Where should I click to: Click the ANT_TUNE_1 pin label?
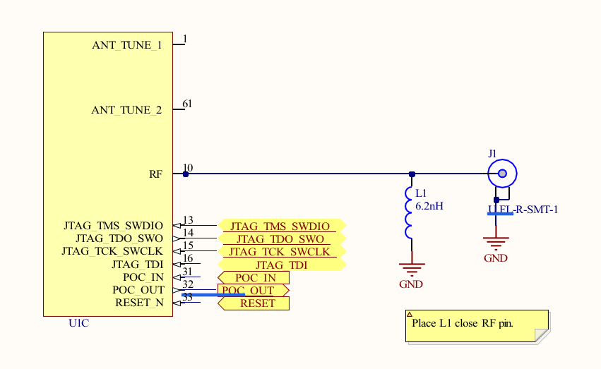pyautogui.click(x=126, y=45)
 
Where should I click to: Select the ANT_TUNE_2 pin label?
pyautogui.click(x=126, y=110)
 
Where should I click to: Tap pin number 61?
pyautogui.click(x=187, y=104)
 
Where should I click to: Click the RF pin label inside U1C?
pyautogui.click(x=156, y=174)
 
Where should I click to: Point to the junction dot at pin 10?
pyautogui.click(x=186, y=174)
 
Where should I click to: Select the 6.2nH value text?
pyautogui.click(x=429, y=206)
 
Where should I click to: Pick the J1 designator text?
pyautogui.click(x=492, y=153)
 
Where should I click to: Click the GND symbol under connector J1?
pyautogui.click(x=496, y=244)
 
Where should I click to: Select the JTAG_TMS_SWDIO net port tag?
pyautogui.click(x=281, y=226)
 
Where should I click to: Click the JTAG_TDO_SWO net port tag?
pyautogui.click(x=281, y=238)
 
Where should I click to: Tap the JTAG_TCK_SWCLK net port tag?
pyautogui.click(x=281, y=251)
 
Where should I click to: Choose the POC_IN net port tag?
pyautogui.click(x=254, y=277)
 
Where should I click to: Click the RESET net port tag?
pyautogui.click(x=254, y=303)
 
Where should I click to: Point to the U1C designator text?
pyautogui.click(x=78, y=324)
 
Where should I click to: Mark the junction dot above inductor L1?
pyautogui.click(x=411, y=174)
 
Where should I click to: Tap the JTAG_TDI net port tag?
pyautogui.click(x=281, y=265)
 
